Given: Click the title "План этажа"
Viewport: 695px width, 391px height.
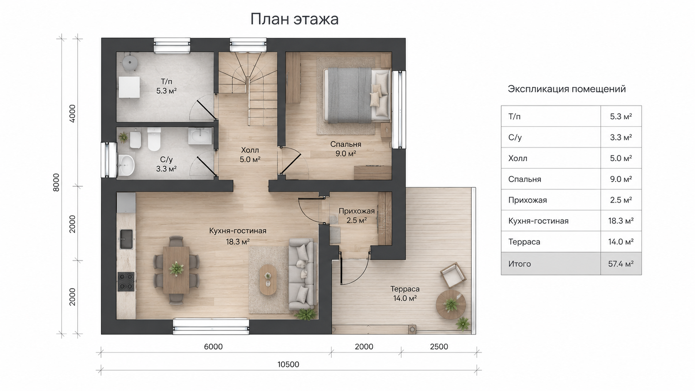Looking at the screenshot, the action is (294, 19).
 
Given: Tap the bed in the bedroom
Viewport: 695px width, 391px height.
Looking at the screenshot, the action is (357, 95).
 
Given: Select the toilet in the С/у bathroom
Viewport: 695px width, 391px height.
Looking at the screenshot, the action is (154, 140).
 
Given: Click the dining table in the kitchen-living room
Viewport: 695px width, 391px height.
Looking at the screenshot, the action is (176, 269).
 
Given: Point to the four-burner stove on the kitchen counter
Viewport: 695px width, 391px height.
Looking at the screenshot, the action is (126, 282).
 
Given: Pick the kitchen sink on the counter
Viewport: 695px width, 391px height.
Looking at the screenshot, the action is (126, 239).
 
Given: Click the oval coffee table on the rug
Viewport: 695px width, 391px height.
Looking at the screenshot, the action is (268, 279).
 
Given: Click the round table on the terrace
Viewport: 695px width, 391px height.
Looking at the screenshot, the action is (451, 304).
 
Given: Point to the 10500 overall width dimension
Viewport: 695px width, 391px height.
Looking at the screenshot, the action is (288, 364).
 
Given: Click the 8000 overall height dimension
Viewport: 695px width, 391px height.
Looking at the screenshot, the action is (56, 182).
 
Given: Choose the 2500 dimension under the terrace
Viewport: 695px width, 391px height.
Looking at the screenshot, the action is (439, 347).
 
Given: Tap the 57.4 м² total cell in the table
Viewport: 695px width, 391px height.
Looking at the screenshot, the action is (621, 264).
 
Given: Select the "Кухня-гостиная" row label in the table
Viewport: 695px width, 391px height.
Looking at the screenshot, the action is (538, 221).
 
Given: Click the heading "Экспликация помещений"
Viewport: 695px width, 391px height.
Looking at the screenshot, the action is (567, 89).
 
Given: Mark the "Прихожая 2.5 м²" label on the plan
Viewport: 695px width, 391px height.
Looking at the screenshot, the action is (357, 216).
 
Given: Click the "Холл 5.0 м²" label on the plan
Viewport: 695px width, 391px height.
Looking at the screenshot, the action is (250, 155).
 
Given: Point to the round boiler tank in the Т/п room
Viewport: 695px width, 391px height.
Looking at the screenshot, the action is (130, 63).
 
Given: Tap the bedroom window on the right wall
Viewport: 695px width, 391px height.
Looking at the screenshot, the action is (399, 110).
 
